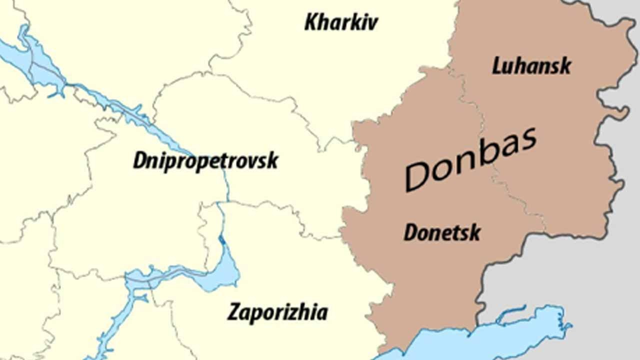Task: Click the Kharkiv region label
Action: click(x=341, y=22)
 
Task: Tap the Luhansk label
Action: click(x=531, y=66)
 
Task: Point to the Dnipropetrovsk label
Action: click(x=205, y=161)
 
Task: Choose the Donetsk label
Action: click(x=442, y=232)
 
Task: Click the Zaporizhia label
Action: click(x=277, y=312)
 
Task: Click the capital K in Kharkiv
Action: click(x=311, y=22)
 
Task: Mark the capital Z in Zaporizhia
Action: click(x=234, y=312)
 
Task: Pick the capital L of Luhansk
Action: click(x=498, y=66)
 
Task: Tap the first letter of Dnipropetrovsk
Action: click(x=140, y=161)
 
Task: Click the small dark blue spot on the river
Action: click(x=222, y=240)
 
